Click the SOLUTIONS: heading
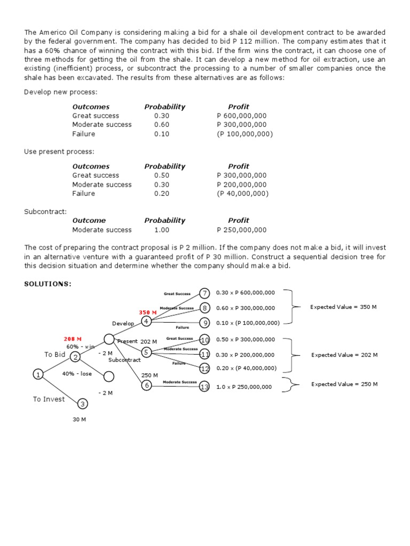(48, 284)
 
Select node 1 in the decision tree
(38, 374)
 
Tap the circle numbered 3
(82, 404)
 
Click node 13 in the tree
(204, 387)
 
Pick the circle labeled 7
(204, 293)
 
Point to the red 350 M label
(148, 312)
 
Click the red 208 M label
(73, 339)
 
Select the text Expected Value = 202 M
(344, 355)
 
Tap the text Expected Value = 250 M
(344, 384)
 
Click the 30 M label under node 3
(80, 420)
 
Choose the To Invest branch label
(49, 399)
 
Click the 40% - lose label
(77, 374)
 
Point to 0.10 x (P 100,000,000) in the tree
(248, 323)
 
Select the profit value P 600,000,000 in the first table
(242, 116)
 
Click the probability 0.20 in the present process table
(162, 194)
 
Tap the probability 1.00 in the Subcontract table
(162, 230)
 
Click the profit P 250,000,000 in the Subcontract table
(242, 230)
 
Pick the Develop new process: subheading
(61, 92)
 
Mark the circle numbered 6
(146, 386)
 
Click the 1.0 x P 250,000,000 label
(244, 387)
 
